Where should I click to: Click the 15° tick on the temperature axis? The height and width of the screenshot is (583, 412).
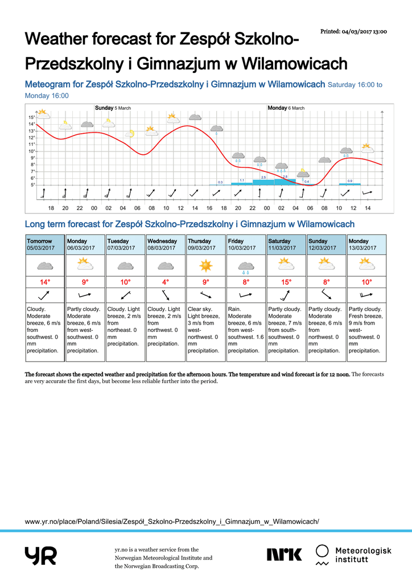coord(32,117)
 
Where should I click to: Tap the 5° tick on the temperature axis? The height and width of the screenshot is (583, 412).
coord(32,185)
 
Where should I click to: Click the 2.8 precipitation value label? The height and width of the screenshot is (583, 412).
coord(285,176)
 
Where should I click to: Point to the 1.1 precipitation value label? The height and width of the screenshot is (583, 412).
coord(242,180)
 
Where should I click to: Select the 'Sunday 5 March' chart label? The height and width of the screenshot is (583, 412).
coord(113,108)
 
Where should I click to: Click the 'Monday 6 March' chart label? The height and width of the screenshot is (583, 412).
coord(286,108)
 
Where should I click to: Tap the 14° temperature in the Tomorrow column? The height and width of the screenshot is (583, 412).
coord(45,282)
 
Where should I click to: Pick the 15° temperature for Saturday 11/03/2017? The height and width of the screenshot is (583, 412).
coord(286,282)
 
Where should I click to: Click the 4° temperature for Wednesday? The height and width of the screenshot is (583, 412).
coord(166,282)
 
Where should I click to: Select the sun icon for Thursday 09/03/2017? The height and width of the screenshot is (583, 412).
coord(206,265)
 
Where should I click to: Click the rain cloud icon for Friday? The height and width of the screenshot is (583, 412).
coord(246,266)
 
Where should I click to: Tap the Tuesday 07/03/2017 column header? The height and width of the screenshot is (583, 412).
coord(125,244)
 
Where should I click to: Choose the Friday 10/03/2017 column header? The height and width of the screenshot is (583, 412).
coord(246,244)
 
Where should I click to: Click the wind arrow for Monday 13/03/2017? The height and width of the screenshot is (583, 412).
coord(366,295)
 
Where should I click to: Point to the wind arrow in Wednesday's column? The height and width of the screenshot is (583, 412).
coord(166,295)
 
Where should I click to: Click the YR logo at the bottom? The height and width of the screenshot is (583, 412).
coord(40,555)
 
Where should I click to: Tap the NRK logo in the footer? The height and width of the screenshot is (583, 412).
coord(285,554)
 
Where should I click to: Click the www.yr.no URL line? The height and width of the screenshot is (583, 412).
coord(172,521)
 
